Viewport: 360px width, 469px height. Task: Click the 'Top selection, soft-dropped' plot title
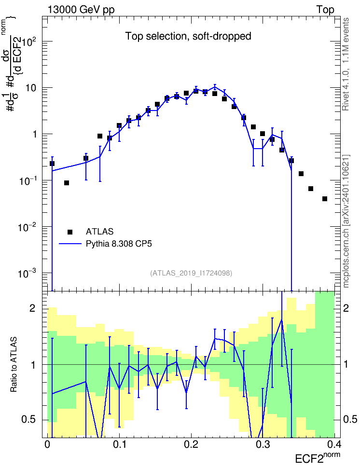188,36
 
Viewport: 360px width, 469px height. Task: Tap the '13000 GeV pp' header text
81,10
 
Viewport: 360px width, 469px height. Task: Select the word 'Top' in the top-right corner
325,10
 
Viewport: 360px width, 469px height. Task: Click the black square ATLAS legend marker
70,232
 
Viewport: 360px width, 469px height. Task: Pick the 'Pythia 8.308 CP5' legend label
119,244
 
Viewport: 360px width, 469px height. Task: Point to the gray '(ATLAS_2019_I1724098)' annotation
191,273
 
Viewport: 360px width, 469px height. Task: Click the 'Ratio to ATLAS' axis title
14,365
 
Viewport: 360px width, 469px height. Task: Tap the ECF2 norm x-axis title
318,457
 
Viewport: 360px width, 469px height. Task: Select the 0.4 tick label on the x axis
334,444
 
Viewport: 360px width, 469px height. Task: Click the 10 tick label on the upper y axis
31,88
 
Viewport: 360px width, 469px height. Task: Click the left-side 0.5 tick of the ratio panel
28,419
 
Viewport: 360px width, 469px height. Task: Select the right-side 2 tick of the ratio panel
346,308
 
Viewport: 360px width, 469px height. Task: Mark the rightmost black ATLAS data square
325,199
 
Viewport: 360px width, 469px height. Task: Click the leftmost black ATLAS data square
52,163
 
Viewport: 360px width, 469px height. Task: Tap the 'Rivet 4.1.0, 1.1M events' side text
346,64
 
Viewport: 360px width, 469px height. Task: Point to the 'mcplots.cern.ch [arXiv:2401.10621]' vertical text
346,221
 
